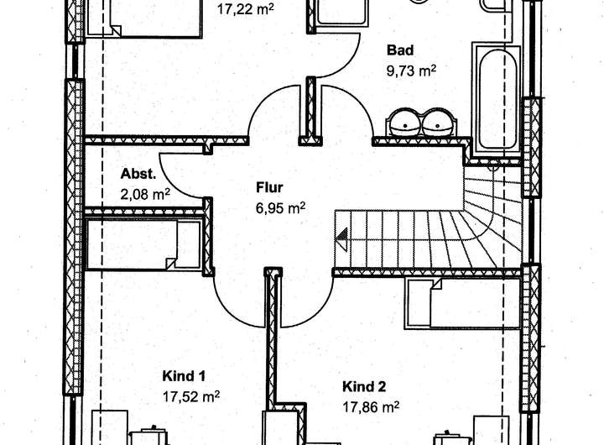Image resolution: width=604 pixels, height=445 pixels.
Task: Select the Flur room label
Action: (x=269, y=186)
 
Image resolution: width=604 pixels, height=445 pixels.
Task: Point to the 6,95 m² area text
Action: (x=280, y=207)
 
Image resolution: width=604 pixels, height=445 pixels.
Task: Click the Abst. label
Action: (x=138, y=175)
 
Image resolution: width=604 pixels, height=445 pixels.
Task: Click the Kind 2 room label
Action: (x=364, y=387)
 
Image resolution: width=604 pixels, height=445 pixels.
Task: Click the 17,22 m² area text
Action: (x=244, y=11)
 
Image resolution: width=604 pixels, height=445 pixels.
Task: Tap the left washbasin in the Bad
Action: (x=405, y=123)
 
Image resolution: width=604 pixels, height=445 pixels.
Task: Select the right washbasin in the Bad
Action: (x=438, y=123)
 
